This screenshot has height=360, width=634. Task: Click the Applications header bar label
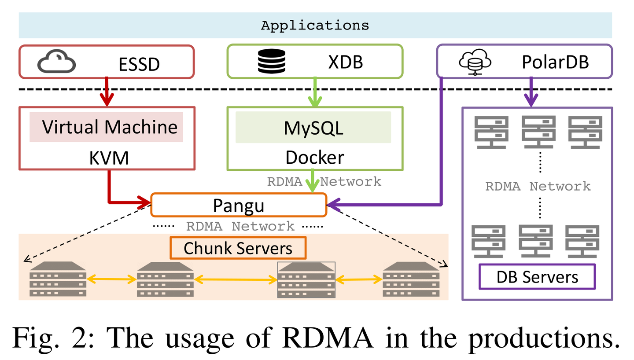[x=315, y=26]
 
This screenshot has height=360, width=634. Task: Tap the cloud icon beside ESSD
[x=56, y=63]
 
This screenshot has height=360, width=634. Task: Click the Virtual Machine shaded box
[x=106, y=127]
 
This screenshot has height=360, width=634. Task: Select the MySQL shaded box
[x=313, y=127]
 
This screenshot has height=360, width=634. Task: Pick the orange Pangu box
[x=239, y=205]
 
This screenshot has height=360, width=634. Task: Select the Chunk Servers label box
[x=238, y=248]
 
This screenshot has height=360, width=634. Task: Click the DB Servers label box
[x=537, y=277]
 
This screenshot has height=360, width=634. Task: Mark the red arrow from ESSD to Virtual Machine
[x=107, y=92]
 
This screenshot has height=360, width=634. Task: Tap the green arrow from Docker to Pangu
[x=313, y=180]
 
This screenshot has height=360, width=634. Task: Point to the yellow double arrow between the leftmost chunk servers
[x=111, y=279]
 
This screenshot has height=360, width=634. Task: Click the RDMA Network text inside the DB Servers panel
[x=538, y=186]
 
